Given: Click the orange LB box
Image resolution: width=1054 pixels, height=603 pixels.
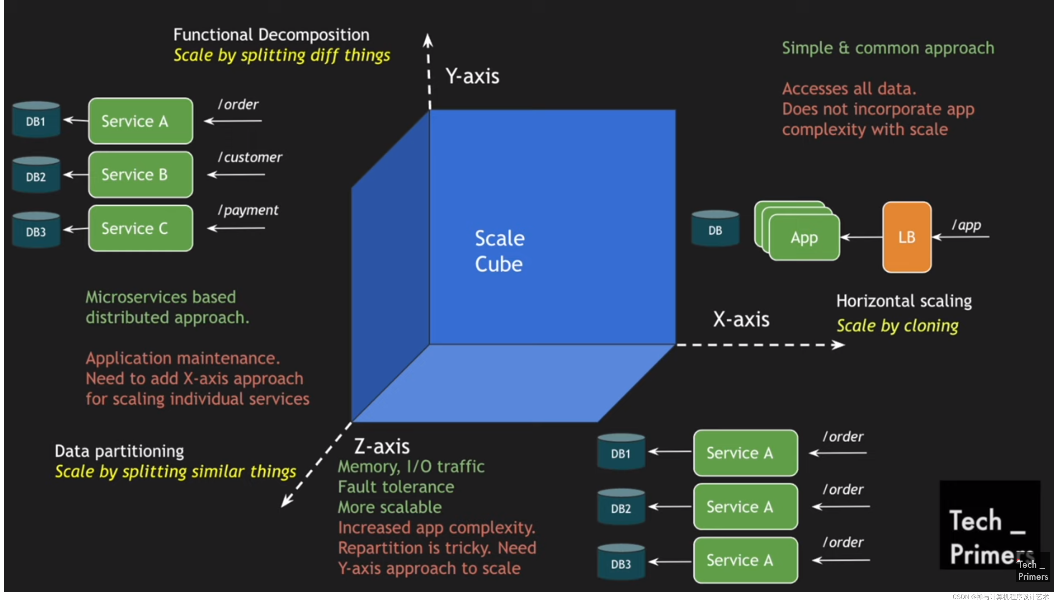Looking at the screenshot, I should (x=906, y=237).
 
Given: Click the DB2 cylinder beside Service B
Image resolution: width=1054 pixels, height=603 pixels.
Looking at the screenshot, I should (x=36, y=176).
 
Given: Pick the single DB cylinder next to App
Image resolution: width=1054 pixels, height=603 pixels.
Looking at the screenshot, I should (x=715, y=229).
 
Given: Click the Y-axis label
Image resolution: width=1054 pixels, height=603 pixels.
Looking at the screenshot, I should (x=472, y=76).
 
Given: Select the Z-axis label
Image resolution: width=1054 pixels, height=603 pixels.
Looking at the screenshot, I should (x=382, y=447).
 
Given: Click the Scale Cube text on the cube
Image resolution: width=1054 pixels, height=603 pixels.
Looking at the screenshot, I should (x=499, y=251).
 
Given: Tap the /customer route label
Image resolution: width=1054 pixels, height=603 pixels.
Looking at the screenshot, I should (x=250, y=157).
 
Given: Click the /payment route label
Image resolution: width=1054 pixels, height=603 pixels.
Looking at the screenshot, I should (x=248, y=210).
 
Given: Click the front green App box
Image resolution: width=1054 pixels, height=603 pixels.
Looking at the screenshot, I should (x=804, y=238).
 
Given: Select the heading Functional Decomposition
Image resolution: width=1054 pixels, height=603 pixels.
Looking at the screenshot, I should (x=271, y=35).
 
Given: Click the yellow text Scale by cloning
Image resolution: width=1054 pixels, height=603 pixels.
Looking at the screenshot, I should (x=897, y=326).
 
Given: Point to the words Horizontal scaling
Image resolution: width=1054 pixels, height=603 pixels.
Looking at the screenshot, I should (x=904, y=301).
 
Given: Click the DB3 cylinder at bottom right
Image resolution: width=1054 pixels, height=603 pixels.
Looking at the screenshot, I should (x=621, y=562).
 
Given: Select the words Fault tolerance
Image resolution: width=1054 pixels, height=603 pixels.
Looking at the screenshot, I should (x=396, y=487).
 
